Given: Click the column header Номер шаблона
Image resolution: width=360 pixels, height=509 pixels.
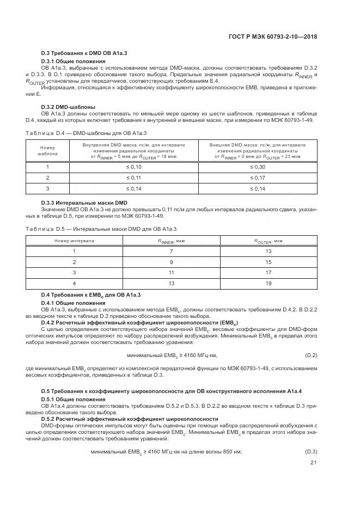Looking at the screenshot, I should (47, 150).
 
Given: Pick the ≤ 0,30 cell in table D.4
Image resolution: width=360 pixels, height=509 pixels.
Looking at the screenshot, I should (258, 167).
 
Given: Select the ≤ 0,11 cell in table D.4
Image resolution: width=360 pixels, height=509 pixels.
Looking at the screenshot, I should (133, 177).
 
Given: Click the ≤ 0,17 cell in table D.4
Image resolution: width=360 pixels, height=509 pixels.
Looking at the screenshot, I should (258, 177).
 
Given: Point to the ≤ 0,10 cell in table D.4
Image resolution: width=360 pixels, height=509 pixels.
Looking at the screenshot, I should (133, 167).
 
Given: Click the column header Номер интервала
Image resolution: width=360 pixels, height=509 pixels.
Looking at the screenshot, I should (74, 240).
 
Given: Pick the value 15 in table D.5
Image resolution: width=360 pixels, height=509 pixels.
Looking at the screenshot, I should (268, 261).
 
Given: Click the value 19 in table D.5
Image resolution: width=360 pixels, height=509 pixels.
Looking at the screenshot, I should (268, 283).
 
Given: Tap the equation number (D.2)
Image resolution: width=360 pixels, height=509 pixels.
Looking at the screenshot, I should (310, 355).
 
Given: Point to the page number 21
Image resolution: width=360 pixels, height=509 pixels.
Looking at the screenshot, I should (313, 462).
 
